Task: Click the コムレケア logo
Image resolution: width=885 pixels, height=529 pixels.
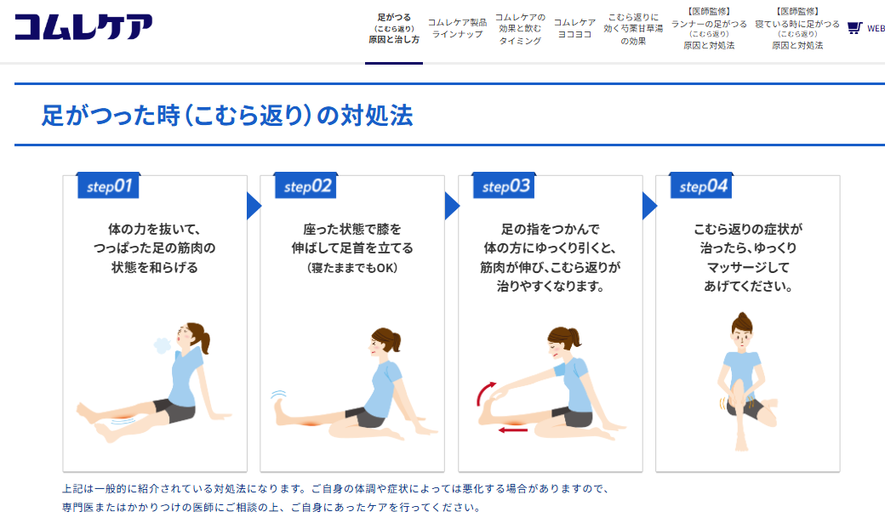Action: tap(83, 26)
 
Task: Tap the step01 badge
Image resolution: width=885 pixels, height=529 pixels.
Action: tap(108, 185)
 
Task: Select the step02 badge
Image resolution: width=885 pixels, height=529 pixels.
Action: tap(305, 185)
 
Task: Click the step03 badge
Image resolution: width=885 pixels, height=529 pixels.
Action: tap(504, 185)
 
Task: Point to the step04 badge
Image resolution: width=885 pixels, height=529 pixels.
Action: tap(701, 185)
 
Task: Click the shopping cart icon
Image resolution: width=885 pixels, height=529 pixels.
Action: tap(854, 27)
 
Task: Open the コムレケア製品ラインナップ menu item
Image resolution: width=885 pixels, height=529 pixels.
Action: tap(457, 28)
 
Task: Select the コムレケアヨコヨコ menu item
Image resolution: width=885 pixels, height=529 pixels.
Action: tap(574, 28)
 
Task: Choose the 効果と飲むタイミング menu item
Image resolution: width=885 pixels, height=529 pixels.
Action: tap(521, 29)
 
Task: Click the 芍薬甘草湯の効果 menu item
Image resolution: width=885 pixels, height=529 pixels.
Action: tap(633, 29)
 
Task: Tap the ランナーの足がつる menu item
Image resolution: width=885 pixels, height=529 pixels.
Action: tap(709, 28)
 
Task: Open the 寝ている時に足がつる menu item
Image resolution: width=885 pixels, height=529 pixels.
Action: tap(797, 28)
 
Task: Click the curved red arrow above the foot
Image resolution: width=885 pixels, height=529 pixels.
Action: tap(484, 393)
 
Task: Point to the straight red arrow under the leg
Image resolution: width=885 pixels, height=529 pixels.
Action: tap(513, 430)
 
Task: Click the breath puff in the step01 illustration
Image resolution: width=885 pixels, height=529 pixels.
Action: tap(163, 345)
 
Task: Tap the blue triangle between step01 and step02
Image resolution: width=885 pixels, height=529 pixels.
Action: tap(254, 206)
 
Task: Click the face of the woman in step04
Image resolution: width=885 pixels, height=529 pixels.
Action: tap(742, 338)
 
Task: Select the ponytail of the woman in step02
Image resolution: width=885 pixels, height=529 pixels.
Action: tap(397, 340)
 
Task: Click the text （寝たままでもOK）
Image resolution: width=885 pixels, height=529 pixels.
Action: tap(352, 268)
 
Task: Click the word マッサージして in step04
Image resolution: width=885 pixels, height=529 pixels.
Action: tap(748, 267)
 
